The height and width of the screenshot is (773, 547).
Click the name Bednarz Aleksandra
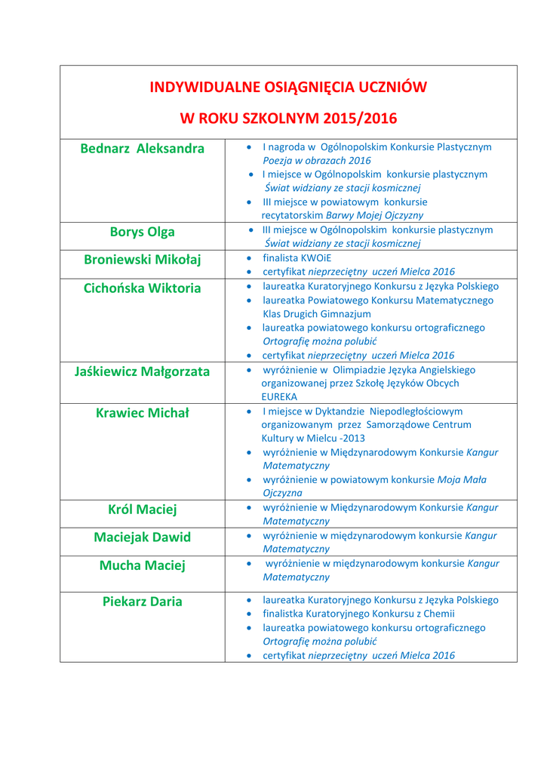(x=142, y=149)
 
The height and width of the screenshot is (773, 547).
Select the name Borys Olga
(x=142, y=232)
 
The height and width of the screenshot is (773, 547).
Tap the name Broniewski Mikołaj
(x=142, y=260)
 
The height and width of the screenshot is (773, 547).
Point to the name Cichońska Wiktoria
(x=142, y=288)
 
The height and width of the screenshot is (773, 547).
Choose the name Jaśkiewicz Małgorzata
(x=142, y=371)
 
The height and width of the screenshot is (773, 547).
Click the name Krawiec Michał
(x=142, y=413)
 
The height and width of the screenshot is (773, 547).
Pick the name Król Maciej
(x=142, y=510)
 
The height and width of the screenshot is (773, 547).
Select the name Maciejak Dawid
(x=142, y=537)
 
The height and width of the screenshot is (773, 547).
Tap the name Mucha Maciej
(x=142, y=565)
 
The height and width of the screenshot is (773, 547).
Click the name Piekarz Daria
(x=142, y=602)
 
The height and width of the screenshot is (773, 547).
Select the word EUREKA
(x=279, y=396)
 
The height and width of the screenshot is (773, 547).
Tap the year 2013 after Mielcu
(x=354, y=439)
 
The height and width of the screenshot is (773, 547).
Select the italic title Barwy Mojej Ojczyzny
(x=375, y=216)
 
